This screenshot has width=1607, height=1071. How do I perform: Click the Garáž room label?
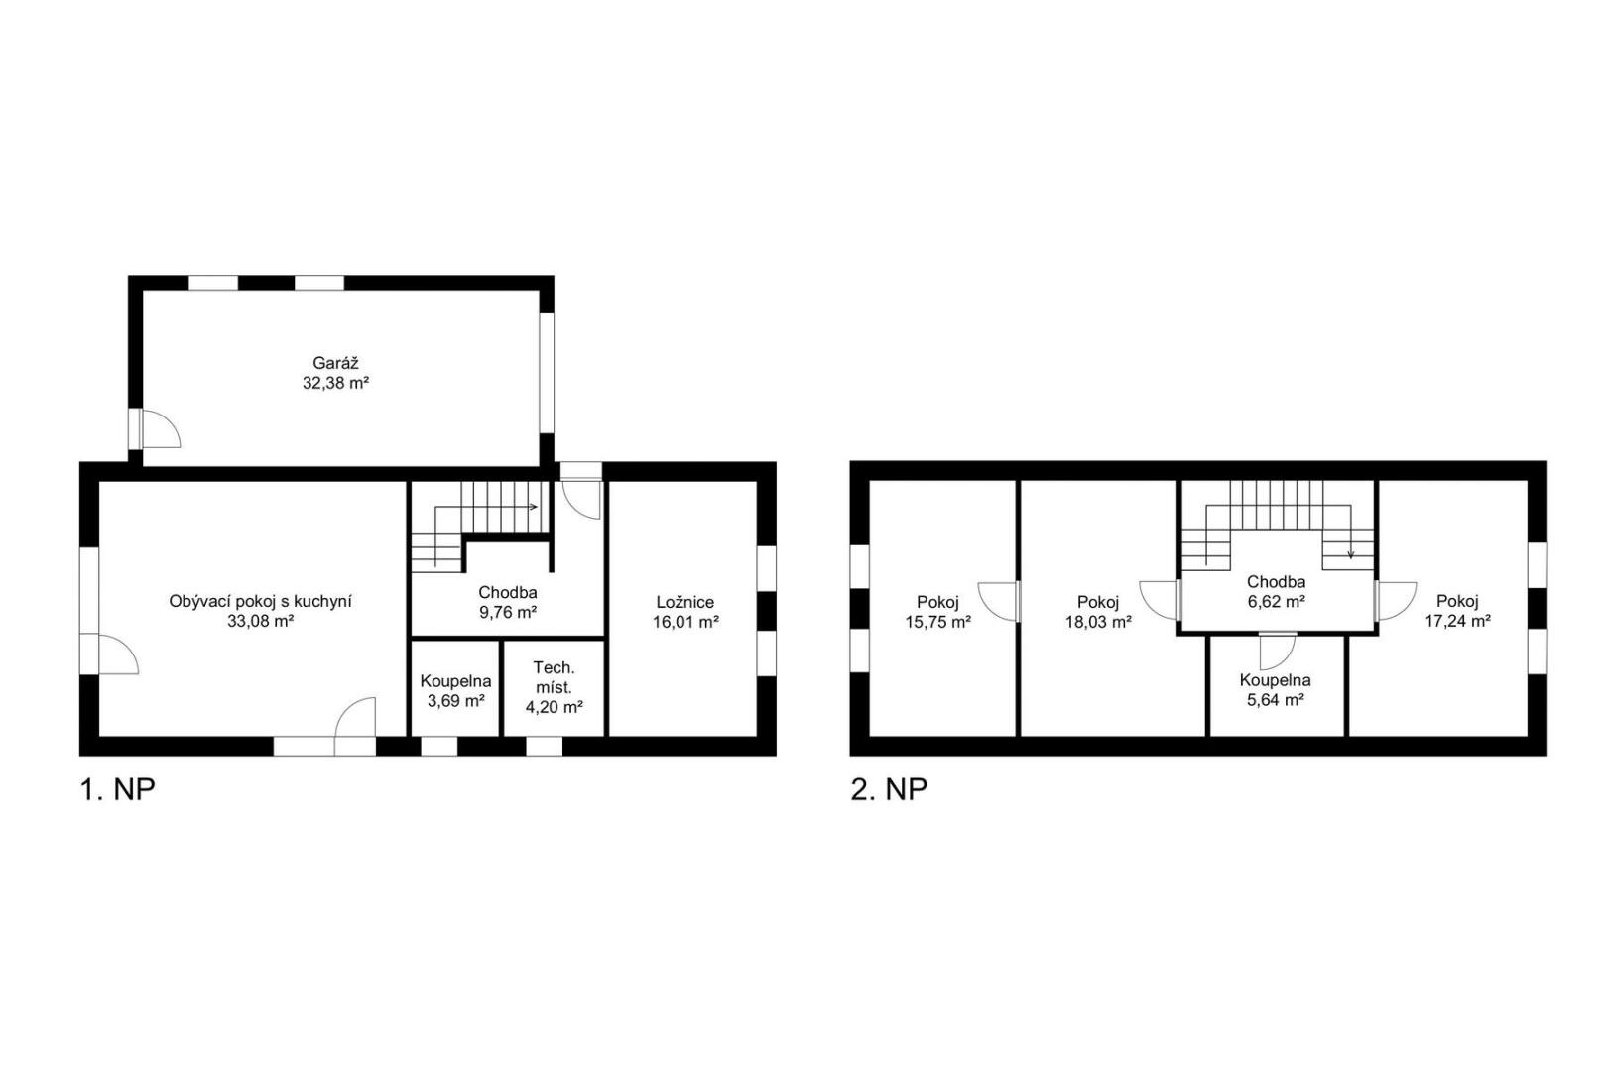click(335, 363)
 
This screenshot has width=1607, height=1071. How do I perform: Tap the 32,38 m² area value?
click(335, 383)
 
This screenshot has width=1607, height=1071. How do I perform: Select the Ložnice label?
click(685, 603)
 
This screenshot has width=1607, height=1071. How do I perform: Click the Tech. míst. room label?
click(554, 678)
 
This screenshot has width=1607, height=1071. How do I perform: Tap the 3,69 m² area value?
click(455, 701)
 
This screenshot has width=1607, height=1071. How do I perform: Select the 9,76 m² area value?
click(508, 613)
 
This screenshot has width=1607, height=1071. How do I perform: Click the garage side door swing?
click(161, 429)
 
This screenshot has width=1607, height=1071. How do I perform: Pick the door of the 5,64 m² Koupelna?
click(1278, 652)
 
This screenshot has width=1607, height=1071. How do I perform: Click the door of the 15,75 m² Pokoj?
click(998, 601)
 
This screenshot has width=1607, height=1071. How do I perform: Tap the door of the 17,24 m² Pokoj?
click(1396, 601)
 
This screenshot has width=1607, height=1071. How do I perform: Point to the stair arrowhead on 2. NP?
click(1351, 554)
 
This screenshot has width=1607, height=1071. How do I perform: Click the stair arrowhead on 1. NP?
click(533, 507)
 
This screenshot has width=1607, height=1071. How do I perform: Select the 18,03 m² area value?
click(1098, 622)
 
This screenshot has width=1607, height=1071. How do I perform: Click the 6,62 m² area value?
click(1277, 602)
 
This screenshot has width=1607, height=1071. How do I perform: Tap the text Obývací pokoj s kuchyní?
click(261, 601)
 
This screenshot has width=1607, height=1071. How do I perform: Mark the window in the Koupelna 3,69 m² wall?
click(438, 746)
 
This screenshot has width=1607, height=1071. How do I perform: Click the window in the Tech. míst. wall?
click(545, 746)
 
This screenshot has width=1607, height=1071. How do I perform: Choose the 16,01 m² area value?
click(685, 622)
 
